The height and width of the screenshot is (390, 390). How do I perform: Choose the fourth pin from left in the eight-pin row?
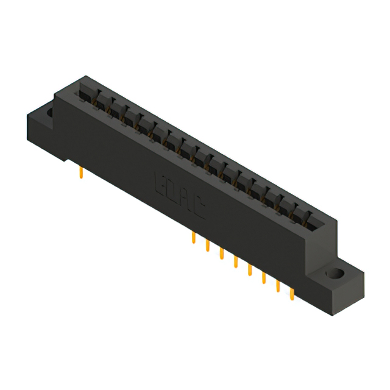(x=235, y=263)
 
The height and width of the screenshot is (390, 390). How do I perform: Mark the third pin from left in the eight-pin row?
(x=221, y=255)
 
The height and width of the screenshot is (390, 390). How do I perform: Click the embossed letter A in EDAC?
(x=185, y=202)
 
